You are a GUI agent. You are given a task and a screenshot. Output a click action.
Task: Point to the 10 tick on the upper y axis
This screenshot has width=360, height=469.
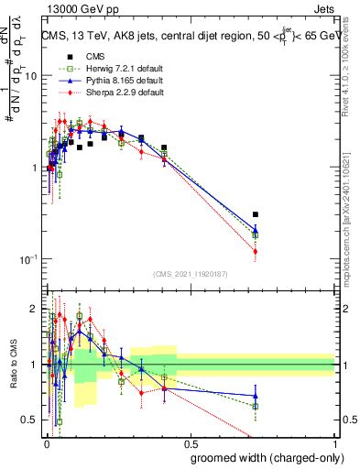pyautogui.click(x=30, y=76)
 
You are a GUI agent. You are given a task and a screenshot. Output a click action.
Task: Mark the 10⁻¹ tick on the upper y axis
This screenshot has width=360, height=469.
pyautogui.click(x=27, y=259)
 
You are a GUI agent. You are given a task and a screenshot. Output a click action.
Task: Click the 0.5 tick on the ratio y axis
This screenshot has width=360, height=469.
pyautogui.click(x=30, y=420)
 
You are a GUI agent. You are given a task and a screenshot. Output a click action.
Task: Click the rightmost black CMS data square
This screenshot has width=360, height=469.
pyautogui.click(x=256, y=214)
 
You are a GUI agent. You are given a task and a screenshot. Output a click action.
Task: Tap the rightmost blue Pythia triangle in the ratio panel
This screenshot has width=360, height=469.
pyautogui.click(x=256, y=396)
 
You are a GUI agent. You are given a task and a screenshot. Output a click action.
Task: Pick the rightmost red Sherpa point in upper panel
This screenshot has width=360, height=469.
pyautogui.click(x=256, y=251)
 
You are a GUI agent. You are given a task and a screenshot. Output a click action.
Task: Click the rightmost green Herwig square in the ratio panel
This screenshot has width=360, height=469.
pyautogui.click(x=256, y=406)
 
